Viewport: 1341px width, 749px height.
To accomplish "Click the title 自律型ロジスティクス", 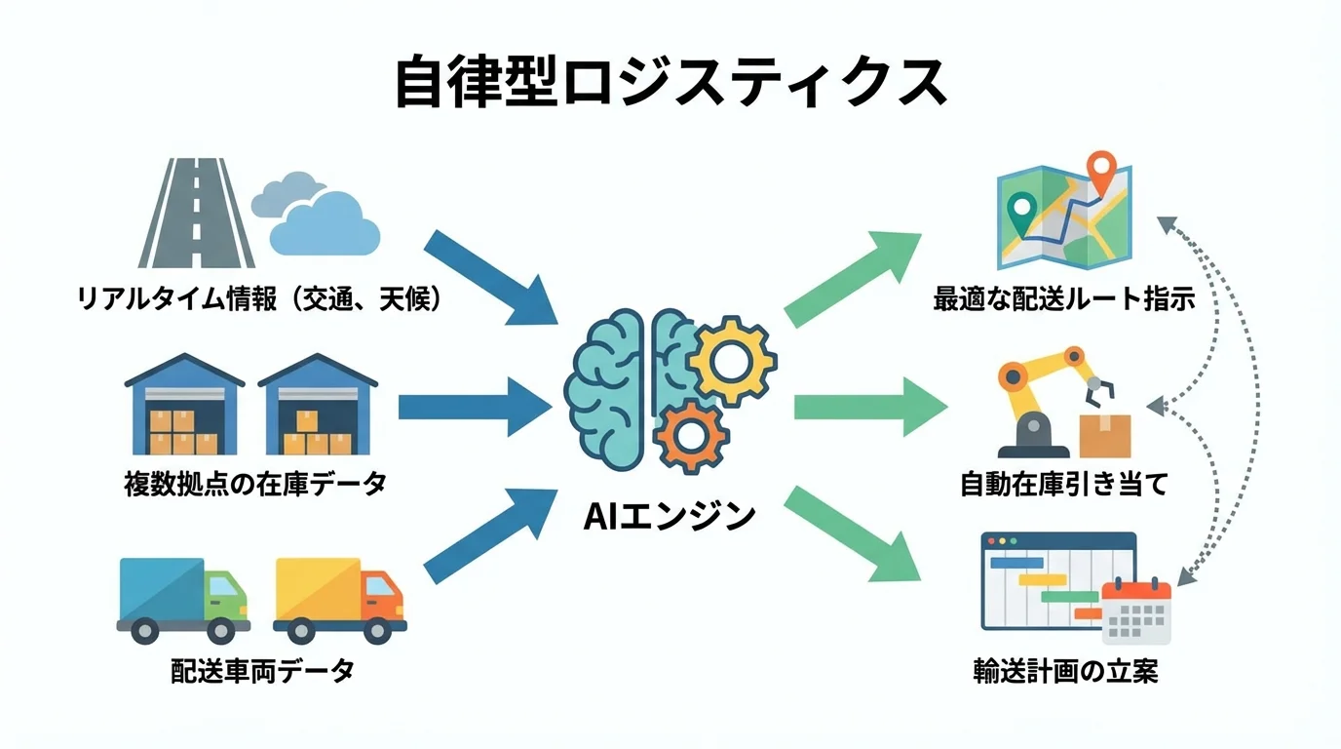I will [670, 82].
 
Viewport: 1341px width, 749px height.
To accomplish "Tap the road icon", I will [197, 214].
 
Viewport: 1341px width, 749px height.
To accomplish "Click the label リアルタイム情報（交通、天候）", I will [260, 298].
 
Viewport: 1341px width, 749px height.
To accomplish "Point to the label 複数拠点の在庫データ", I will [255, 483].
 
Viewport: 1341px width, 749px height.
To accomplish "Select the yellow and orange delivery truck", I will [339, 599].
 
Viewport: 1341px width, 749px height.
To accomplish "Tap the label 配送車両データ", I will [262, 671].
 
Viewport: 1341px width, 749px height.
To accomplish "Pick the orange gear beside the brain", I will [691, 437].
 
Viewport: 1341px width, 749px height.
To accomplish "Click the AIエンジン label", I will [670, 515].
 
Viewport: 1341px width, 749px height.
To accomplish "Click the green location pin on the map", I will [1021, 211].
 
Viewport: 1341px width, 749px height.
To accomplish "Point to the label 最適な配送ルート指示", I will [1064, 298].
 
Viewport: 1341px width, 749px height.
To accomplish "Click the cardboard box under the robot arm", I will [1105, 436].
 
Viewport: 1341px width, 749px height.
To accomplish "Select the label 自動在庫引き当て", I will [1063, 484].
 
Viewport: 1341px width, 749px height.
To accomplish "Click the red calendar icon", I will [1135, 611].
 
